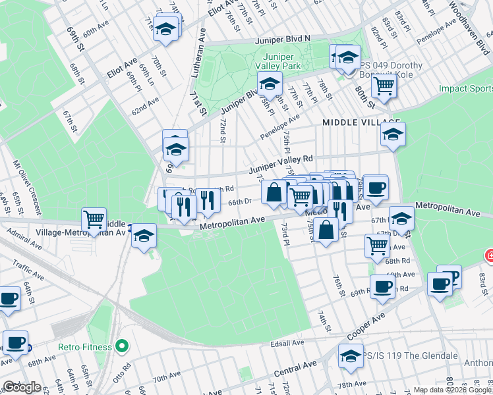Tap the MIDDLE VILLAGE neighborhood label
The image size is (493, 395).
[361, 122]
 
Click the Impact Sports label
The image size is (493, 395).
[465, 88]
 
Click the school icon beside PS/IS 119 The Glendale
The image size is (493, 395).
[351, 356]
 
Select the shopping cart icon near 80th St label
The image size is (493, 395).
[383, 84]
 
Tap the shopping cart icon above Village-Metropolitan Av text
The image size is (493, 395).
[94, 219]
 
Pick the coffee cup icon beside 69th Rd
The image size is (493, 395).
[382, 286]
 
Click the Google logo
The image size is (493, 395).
[22, 388]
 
